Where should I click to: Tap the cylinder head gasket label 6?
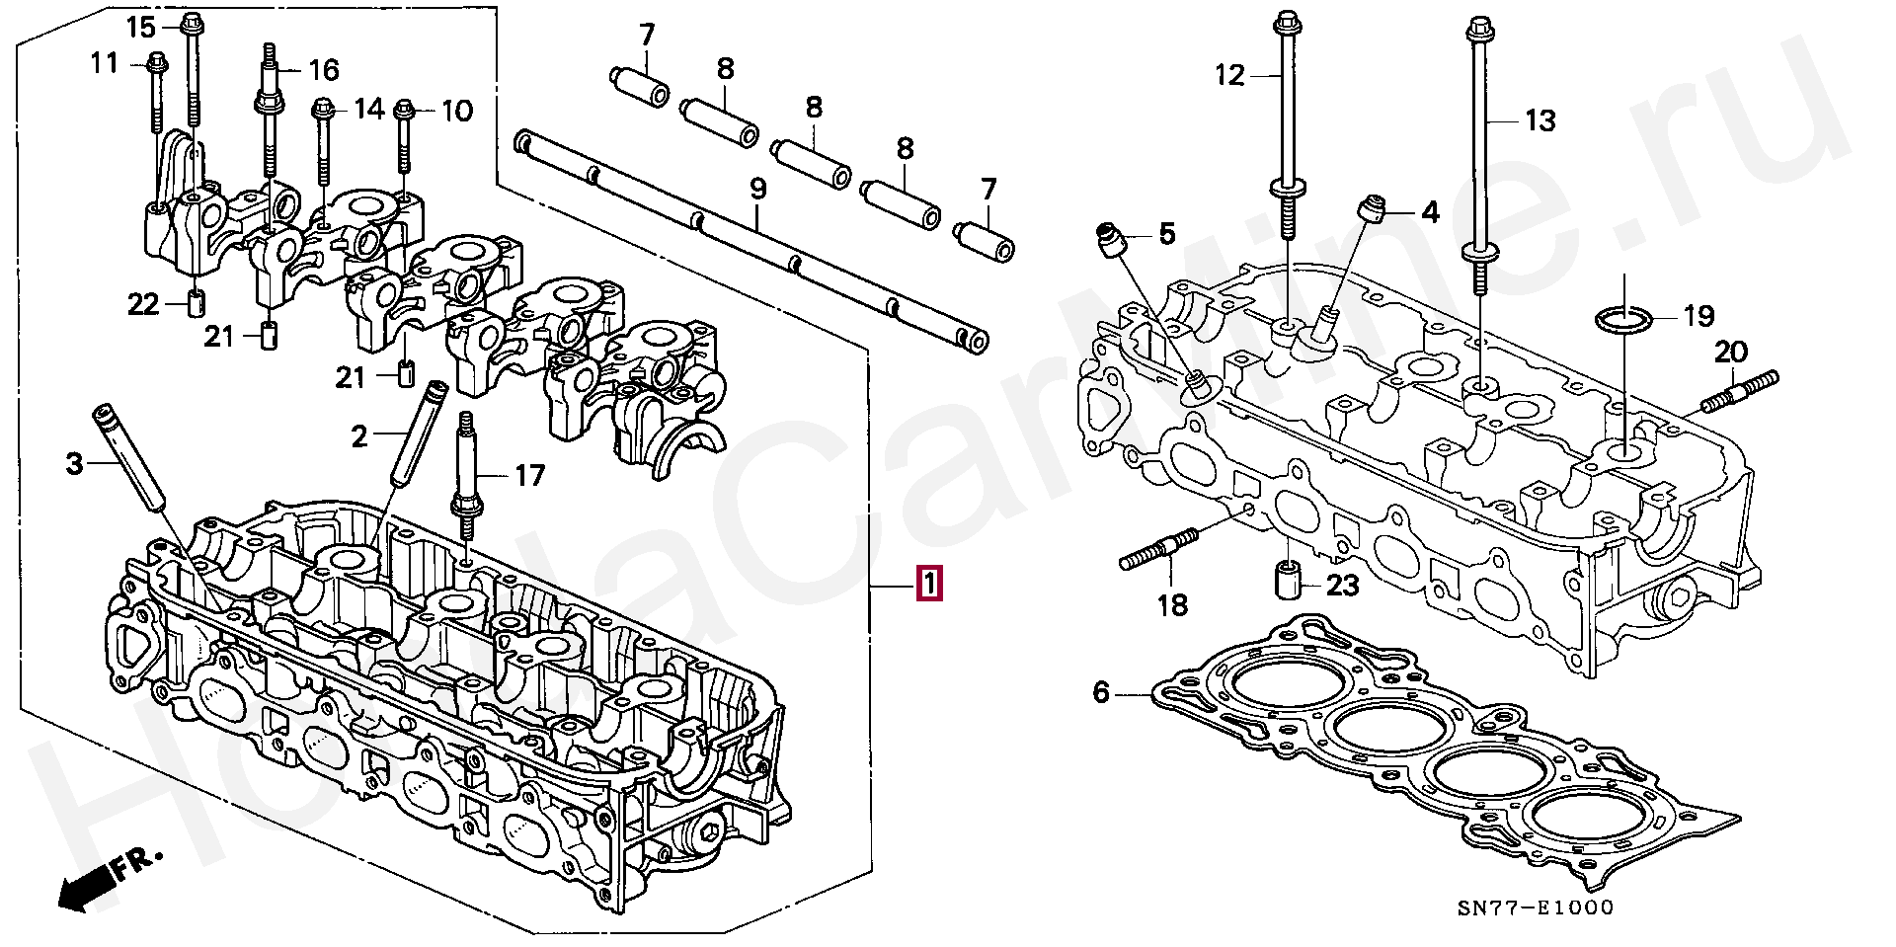tap(1102, 692)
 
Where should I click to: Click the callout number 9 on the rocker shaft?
tap(757, 189)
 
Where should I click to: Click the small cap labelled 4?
tap(1370, 210)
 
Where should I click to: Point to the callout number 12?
tap(1230, 75)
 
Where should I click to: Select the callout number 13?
tap(1540, 120)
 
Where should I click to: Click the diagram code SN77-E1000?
tap(1536, 908)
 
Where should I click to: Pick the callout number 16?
tap(324, 70)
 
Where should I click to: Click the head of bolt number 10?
tap(404, 109)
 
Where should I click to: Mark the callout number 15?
tap(141, 27)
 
